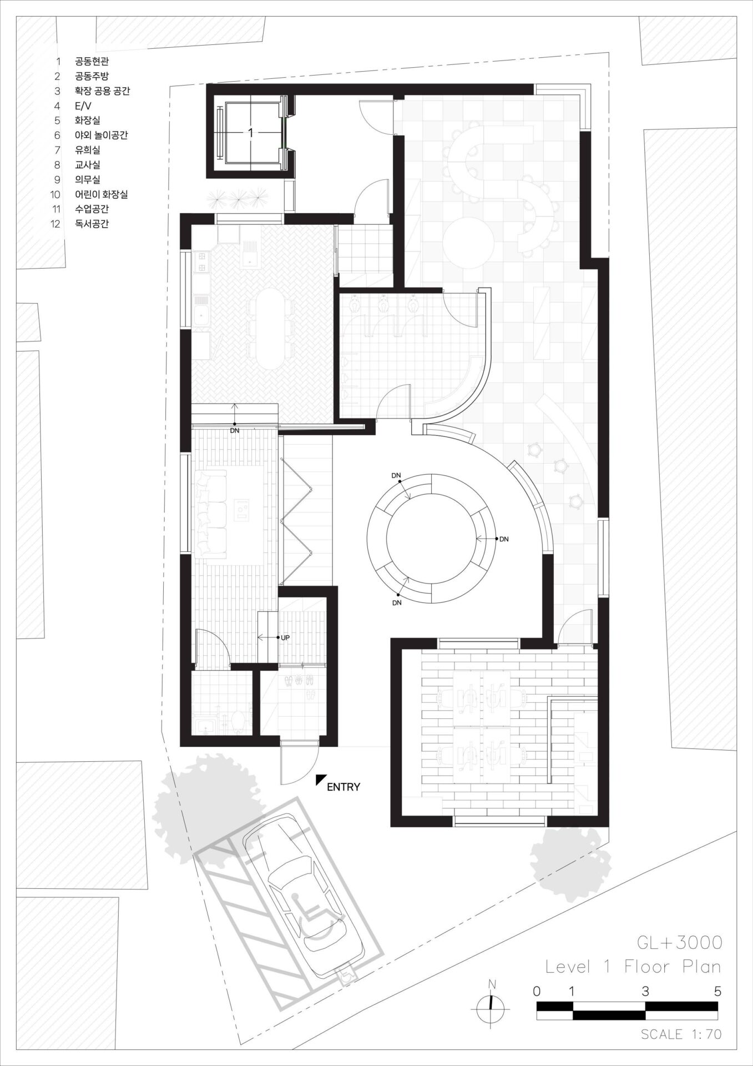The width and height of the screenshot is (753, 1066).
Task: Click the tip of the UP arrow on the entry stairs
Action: (x=259, y=638)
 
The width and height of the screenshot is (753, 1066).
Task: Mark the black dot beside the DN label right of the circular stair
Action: (x=495, y=539)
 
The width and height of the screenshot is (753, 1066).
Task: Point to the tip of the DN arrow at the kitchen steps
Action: (x=235, y=404)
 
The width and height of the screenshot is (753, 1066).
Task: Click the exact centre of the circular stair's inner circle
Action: (x=429, y=538)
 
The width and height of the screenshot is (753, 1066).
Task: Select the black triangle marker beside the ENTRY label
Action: (x=320, y=780)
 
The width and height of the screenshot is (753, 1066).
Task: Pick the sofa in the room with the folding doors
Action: (x=211, y=512)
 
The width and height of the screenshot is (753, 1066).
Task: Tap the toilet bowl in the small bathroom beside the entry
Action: (x=237, y=720)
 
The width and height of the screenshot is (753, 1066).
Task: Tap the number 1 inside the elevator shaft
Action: (x=250, y=132)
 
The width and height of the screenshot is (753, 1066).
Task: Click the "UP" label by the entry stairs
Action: (x=285, y=638)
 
